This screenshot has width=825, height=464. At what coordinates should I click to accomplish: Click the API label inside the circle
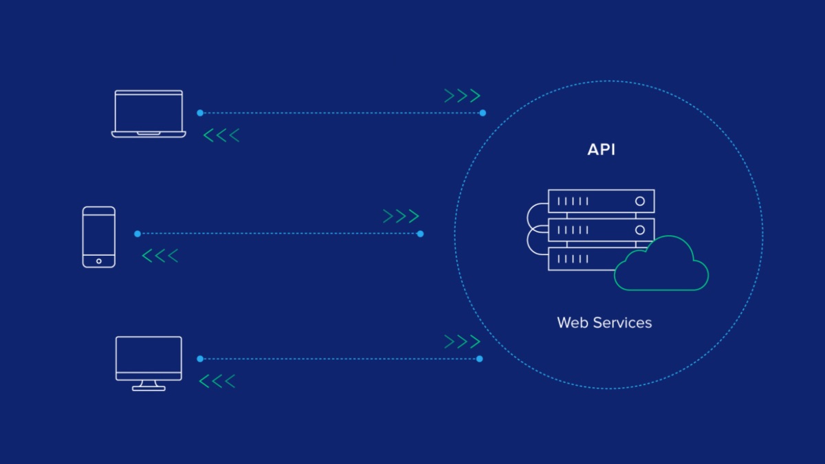tap(601, 150)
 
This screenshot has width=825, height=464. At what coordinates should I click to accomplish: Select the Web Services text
tap(604, 322)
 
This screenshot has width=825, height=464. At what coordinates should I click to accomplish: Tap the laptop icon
tap(148, 113)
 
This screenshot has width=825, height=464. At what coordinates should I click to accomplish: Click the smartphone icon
tap(99, 236)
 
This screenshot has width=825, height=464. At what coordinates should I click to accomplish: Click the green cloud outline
tap(661, 265)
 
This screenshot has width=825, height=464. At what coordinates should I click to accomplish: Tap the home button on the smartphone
tap(99, 261)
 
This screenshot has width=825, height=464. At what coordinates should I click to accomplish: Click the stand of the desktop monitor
tap(148, 386)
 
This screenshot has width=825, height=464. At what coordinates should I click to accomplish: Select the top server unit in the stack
tap(601, 201)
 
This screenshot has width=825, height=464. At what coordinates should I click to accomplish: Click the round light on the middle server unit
tap(640, 230)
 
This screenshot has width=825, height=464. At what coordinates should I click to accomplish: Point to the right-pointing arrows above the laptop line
tap(462, 96)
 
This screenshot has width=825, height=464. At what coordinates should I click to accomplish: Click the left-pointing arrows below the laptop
tap(221, 135)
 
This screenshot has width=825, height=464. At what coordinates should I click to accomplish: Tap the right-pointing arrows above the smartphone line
tap(401, 217)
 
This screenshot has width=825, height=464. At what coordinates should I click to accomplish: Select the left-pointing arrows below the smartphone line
tap(160, 256)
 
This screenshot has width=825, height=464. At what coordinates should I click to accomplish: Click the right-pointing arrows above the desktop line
tap(462, 342)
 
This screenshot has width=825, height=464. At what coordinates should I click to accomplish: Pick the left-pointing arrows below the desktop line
tap(217, 381)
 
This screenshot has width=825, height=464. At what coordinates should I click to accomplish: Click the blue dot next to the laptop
tap(200, 113)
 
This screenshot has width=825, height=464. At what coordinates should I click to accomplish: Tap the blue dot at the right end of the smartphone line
tap(420, 234)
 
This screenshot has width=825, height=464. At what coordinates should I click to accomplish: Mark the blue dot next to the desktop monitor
tap(200, 359)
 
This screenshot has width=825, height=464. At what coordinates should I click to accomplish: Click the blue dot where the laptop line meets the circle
tap(483, 113)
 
